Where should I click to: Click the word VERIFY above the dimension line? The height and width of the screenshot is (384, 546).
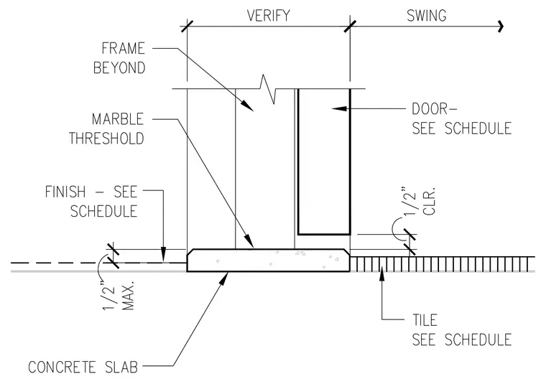[268, 16]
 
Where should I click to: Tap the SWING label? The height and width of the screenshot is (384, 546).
[427, 16]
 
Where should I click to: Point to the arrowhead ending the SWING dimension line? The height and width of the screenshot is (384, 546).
[501, 26]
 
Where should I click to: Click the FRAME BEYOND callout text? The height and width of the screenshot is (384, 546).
[119, 58]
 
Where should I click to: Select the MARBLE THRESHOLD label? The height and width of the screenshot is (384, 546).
[106, 128]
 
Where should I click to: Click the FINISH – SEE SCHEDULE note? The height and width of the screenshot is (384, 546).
[91, 202]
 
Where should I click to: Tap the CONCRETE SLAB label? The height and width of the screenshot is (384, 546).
[83, 367]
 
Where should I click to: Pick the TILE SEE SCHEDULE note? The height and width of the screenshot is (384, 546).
[462, 330]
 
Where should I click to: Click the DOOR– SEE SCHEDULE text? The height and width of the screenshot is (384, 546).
[462, 118]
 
